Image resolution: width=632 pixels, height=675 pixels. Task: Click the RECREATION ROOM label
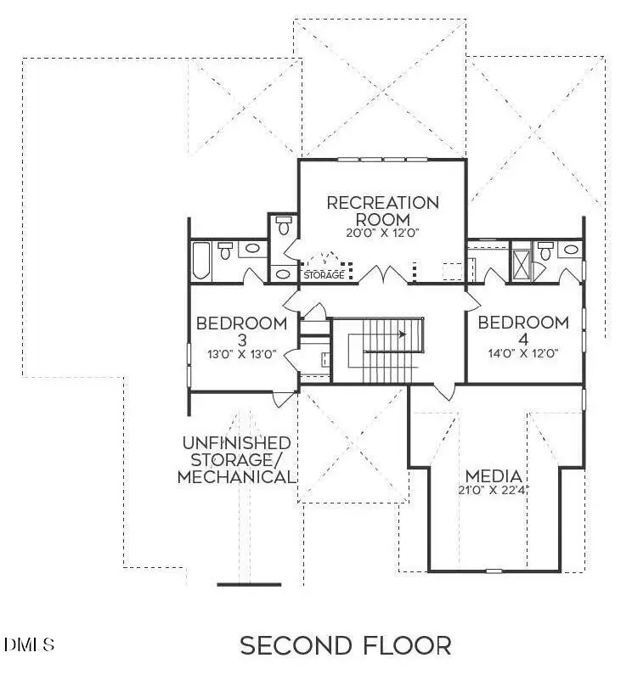point(383,211)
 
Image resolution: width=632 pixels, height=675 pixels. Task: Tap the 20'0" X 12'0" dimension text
point(383,233)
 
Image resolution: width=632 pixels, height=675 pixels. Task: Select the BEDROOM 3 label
point(241,331)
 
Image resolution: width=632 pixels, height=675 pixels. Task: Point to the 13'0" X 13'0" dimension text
point(241,355)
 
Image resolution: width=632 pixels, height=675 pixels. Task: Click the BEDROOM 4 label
point(522,331)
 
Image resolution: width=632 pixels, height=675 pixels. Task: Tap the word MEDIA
point(493,475)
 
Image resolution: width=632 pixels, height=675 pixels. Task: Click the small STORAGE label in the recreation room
point(324,275)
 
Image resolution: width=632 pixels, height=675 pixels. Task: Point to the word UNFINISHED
point(236,443)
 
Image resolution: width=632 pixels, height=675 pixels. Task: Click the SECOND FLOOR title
point(345,645)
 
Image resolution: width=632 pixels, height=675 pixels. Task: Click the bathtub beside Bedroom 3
point(201,262)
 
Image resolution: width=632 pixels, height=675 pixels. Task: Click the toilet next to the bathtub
point(226,250)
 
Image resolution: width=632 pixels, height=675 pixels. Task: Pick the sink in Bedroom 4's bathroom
point(571,250)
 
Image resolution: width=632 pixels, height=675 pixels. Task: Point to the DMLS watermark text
point(30,644)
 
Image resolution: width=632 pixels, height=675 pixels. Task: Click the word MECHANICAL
point(235,476)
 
